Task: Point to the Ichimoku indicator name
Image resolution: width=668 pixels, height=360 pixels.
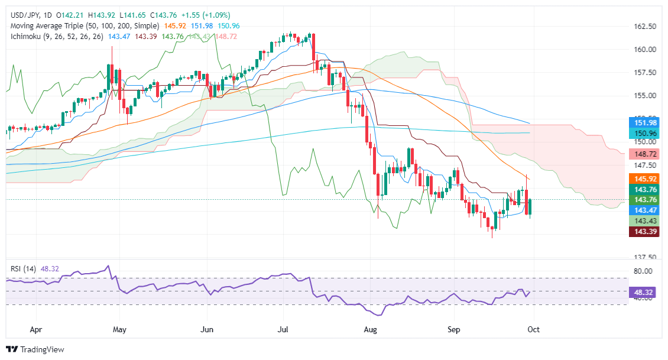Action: [24, 37]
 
